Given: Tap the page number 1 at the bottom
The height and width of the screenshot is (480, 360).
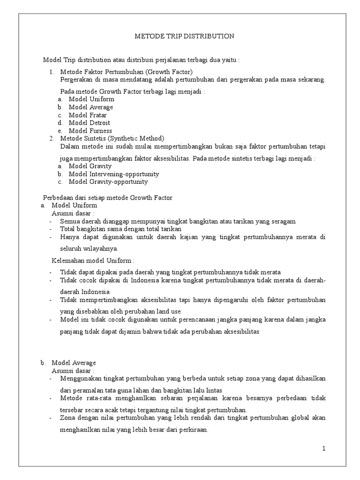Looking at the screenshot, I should click(x=323, y=449).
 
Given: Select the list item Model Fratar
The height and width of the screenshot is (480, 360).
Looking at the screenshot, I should click(x=88, y=115).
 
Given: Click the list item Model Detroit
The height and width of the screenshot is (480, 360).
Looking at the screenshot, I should click(x=89, y=123).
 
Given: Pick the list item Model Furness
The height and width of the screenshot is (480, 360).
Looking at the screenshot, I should click(x=90, y=131).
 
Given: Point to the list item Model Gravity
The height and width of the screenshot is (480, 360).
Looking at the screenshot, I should click(x=90, y=166).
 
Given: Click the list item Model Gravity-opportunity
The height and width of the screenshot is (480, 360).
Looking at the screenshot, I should click(x=108, y=182).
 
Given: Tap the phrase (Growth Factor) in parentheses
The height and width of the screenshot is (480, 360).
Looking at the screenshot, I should click(x=169, y=72).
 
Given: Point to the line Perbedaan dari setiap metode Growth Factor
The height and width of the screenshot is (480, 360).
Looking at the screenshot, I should click(x=108, y=198).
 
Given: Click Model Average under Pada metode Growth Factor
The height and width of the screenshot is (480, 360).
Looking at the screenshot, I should click(x=90, y=107).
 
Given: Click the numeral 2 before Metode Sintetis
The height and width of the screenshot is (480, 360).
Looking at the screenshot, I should click(x=52, y=138).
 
